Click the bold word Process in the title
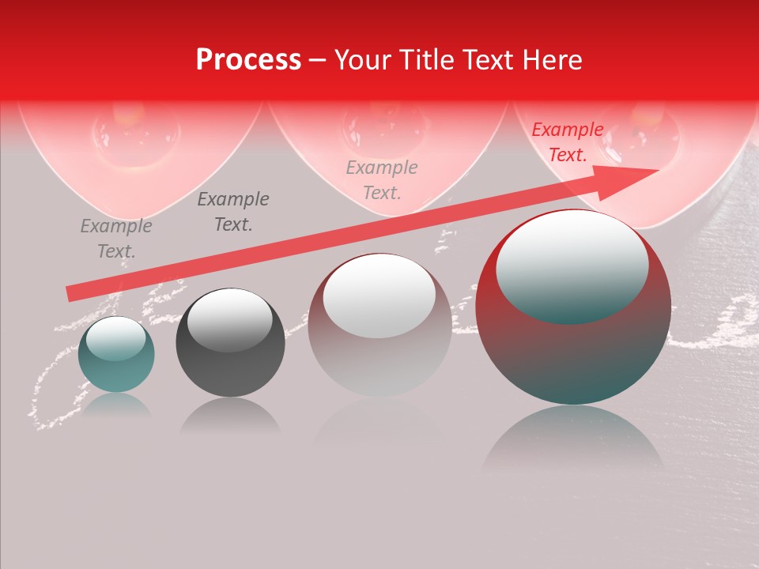click(x=248, y=60)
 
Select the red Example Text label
click(x=567, y=142)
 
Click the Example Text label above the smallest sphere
click(x=115, y=239)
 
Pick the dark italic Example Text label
click(x=232, y=211)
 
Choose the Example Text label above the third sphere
click(x=382, y=179)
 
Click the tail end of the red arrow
click(x=71, y=294)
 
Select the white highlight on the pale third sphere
click(x=379, y=296)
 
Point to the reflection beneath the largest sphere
click(x=573, y=439)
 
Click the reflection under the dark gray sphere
click(x=230, y=414)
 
